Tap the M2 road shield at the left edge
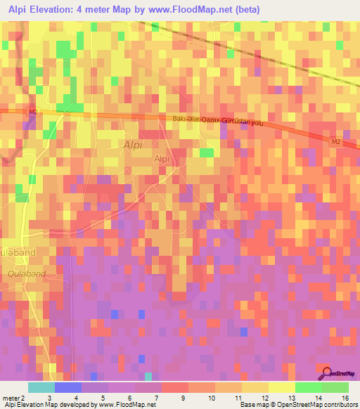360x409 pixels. (x=33, y=111)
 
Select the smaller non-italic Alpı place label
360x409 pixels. (x=162, y=160)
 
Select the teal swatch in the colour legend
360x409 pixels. (x=41, y=387)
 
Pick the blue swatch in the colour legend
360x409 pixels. (x=68, y=387)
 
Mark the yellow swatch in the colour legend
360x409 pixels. (x=281, y=387)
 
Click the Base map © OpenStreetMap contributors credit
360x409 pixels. (x=297, y=405)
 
